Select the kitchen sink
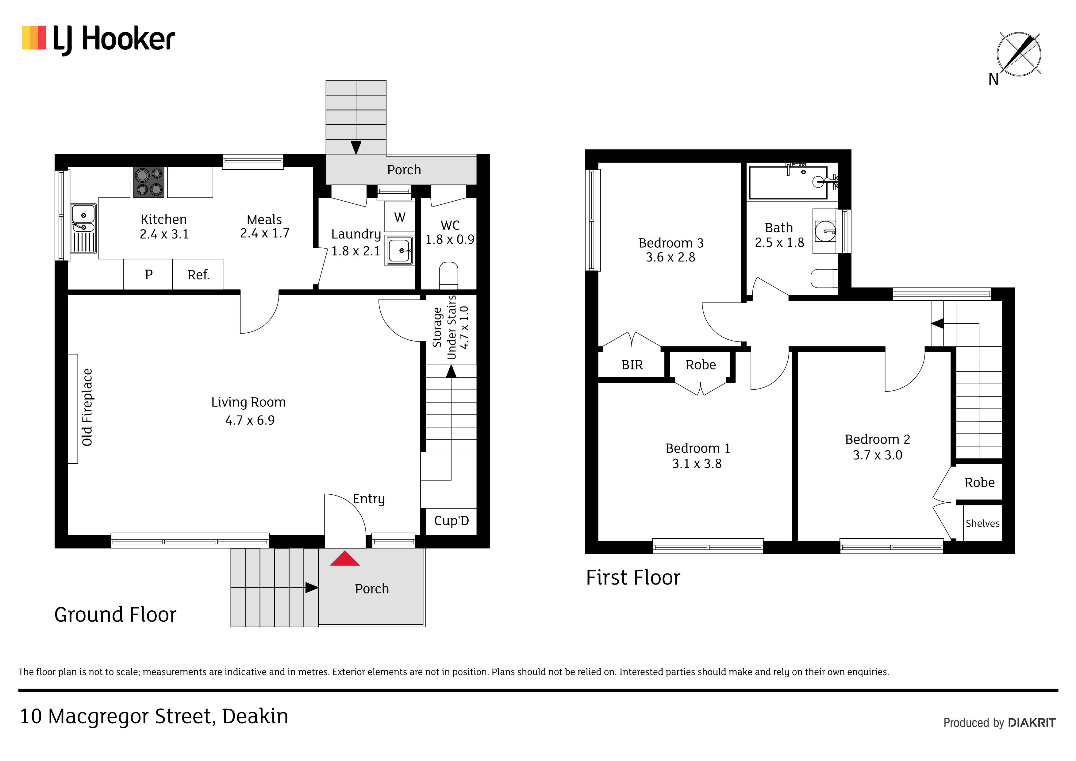point(83,228)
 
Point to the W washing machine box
point(400,217)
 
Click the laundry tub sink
point(399,250)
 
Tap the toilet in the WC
point(448,275)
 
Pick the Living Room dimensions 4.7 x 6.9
point(250,420)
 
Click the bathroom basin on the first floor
point(825,231)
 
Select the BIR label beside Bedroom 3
point(632,365)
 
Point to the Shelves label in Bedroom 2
point(982,523)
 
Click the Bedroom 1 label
point(698,448)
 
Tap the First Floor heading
point(633,578)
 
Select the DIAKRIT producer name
point(1032,723)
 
